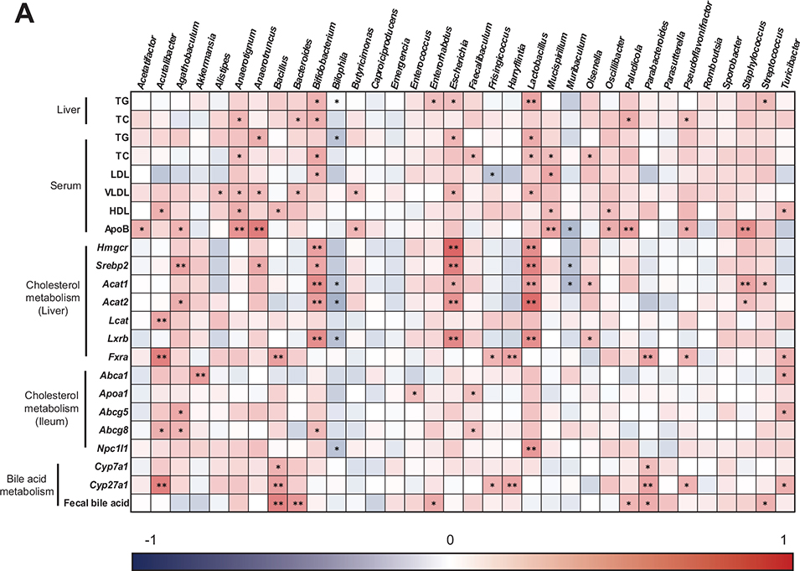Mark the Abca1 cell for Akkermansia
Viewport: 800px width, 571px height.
coord(202,376)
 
